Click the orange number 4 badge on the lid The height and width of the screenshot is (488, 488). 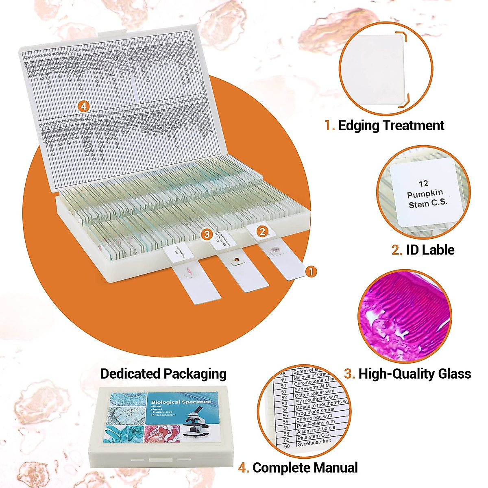(x=83, y=107)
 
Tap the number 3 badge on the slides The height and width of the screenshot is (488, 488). (x=207, y=234)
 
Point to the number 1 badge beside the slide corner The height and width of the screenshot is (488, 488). (x=311, y=272)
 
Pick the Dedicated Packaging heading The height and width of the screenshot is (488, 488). (x=163, y=374)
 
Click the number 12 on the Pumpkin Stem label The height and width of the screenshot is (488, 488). (x=423, y=183)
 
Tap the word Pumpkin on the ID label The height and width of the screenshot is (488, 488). (x=425, y=194)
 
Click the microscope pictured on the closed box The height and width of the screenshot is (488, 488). (x=198, y=423)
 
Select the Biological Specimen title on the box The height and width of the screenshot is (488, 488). (x=181, y=402)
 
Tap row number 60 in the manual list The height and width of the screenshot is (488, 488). (x=287, y=446)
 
